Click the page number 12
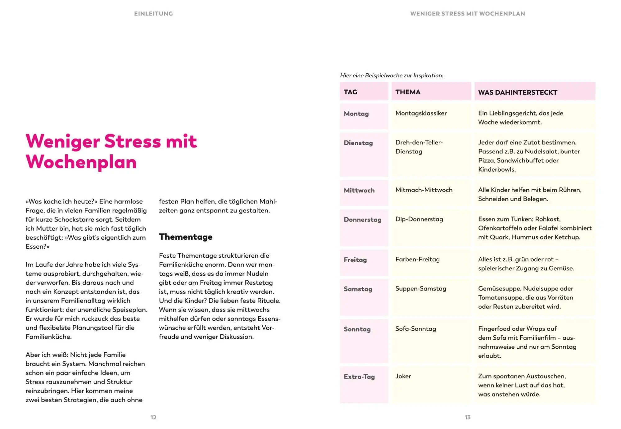[153, 417]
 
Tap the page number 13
[468, 417]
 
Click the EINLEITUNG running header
[153, 14]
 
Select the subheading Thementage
[186, 237]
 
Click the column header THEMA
[408, 92]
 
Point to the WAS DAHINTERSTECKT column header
[518, 92]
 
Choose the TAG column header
[350, 92]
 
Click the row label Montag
[356, 114]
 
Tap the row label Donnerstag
[362, 219]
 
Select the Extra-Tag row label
[359, 377]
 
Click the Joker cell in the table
[403, 376]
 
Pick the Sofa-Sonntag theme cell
[415, 329]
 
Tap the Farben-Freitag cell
[417, 259]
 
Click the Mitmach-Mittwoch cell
[424, 190]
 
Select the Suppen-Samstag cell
[420, 288]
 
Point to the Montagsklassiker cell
[421, 113]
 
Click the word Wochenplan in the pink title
[81, 162]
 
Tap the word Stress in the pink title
[133, 141]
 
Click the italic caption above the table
[392, 75]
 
